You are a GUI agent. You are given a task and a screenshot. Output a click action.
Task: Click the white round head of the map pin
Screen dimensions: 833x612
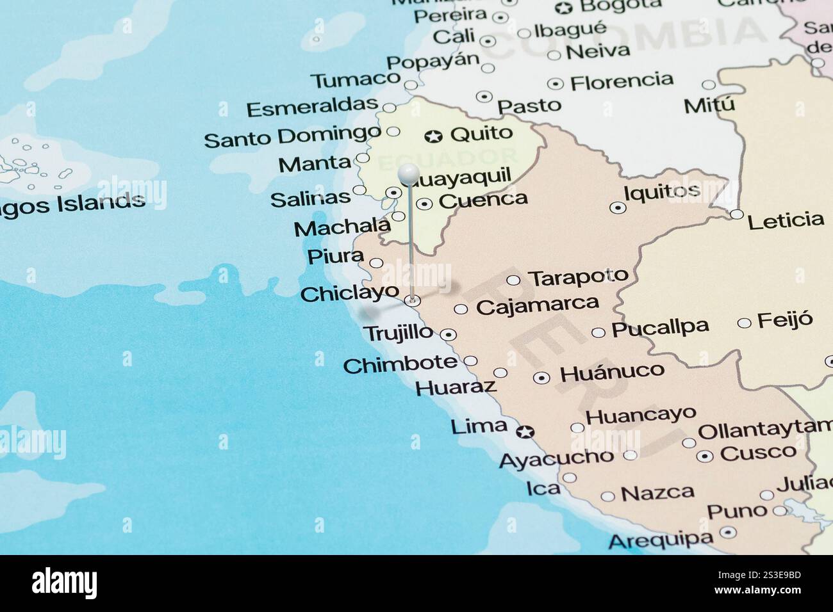[x=408, y=173]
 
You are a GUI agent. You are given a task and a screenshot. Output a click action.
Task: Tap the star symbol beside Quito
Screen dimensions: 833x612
[x=434, y=136]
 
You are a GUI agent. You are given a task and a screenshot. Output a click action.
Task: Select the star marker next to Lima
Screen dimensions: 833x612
[x=525, y=432]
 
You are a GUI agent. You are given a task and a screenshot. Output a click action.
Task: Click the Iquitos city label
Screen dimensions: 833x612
[x=662, y=191]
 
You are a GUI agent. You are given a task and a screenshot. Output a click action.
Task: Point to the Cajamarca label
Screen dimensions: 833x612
[x=538, y=305]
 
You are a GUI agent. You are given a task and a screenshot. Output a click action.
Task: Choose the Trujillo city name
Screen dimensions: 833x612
[x=399, y=333]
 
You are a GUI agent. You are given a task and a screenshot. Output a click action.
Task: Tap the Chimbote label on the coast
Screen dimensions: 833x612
[x=400, y=364]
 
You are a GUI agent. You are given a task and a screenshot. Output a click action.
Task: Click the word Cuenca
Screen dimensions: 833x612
[x=483, y=200]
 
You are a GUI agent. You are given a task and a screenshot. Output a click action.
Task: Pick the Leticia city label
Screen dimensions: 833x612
[x=786, y=221]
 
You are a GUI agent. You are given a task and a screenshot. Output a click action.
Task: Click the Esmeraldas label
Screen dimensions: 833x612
[x=311, y=108]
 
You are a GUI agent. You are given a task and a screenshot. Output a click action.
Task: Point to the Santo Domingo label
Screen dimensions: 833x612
[x=292, y=136]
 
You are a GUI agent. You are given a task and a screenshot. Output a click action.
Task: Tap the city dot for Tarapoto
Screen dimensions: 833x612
[x=513, y=280]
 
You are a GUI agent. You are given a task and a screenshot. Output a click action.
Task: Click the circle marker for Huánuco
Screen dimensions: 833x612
[x=542, y=378]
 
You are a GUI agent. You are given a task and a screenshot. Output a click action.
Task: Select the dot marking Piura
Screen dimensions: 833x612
[x=377, y=262]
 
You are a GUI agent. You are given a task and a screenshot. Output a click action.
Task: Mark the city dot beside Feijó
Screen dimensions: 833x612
[x=744, y=323]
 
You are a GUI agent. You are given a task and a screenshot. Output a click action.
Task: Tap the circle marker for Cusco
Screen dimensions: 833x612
[x=705, y=456]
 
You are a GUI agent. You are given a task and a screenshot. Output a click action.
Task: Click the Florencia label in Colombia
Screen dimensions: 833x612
[x=622, y=81]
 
